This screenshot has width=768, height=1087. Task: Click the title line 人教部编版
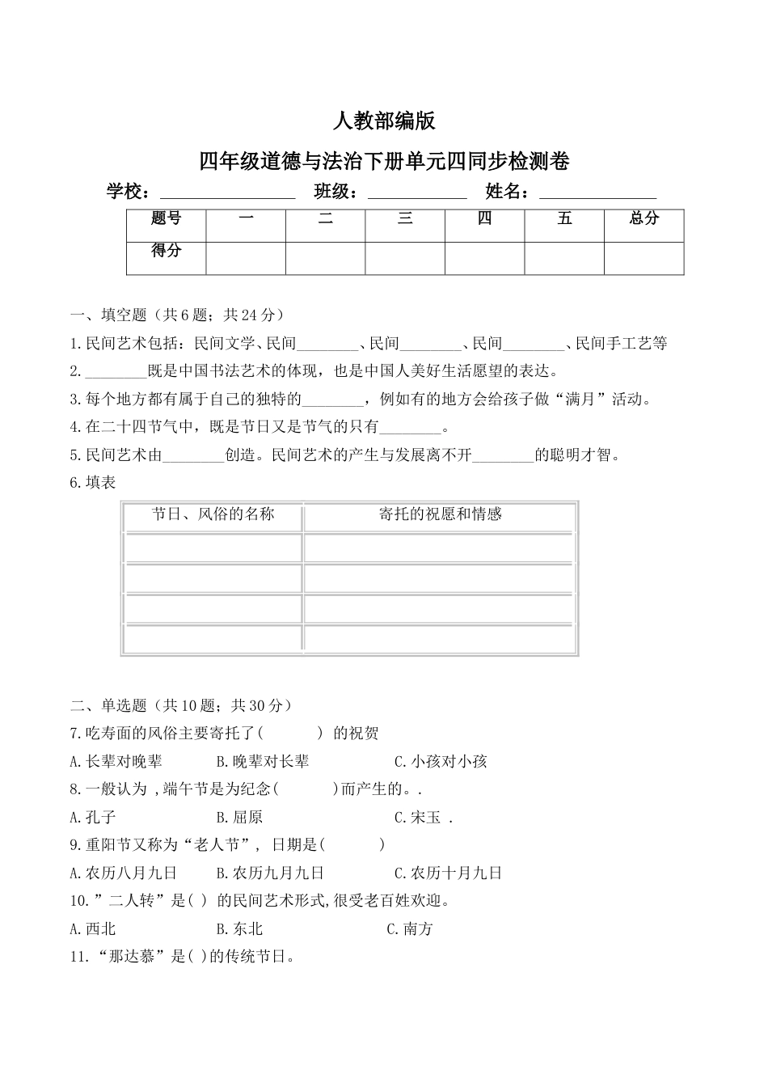(384, 121)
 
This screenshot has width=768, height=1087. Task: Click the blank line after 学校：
(228, 193)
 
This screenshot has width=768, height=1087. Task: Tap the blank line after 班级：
(417, 193)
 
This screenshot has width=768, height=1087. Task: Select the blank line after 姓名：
(597, 193)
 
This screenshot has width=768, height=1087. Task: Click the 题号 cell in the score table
(166, 218)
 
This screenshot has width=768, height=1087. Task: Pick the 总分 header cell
(644, 218)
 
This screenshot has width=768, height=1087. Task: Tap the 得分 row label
(166, 251)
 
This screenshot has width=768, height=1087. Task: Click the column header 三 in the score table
(405, 218)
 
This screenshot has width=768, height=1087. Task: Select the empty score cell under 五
(564, 258)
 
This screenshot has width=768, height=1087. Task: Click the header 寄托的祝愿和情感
(441, 514)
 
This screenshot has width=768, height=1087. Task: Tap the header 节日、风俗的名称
(213, 514)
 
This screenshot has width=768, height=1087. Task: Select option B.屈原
(240, 818)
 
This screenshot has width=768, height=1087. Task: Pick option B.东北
(240, 929)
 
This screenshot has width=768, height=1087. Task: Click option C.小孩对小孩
(441, 762)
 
